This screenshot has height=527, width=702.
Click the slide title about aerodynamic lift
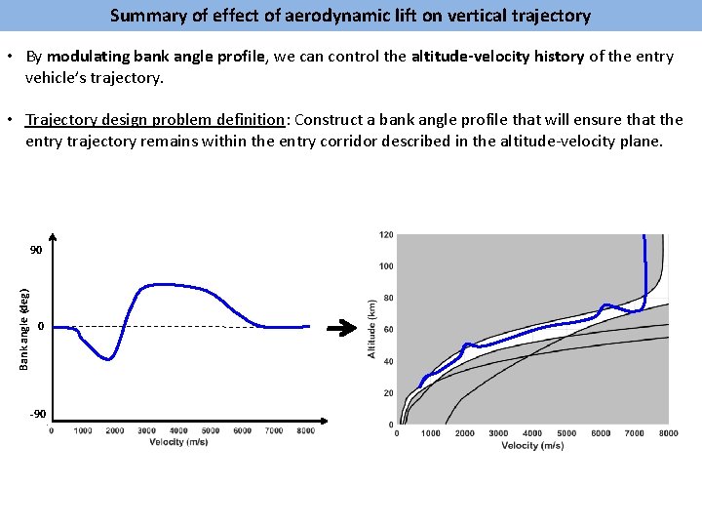[x=350, y=16]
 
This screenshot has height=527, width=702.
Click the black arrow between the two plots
[x=340, y=330]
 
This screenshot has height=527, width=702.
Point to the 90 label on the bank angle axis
[x=36, y=251]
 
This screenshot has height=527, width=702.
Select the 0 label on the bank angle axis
[x=40, y=325]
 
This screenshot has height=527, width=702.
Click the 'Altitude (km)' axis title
[x=371, y=328]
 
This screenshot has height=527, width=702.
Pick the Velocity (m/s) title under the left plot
[x=180, y=442]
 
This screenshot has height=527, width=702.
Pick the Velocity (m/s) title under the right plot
[x=532, y=445]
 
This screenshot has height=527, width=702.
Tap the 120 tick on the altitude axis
[x=386, y=235]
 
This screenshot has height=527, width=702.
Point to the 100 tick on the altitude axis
[x=386, y=266]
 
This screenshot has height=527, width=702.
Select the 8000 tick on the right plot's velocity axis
[x=668, y=433]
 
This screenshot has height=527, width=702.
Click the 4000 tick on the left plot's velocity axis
[x=178, y=430]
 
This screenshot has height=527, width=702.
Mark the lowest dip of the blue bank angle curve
[x=109, y=359]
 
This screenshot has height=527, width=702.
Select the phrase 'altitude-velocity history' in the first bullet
[x=497, y=57]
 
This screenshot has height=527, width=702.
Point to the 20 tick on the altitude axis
[x=389, y=393]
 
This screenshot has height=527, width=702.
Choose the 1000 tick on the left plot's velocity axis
[x=83, y=430]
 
